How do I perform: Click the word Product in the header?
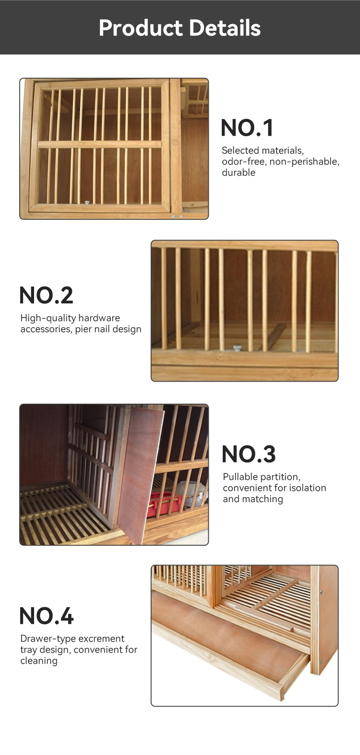(x=141, y=28)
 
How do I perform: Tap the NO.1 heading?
(x=247, y=128)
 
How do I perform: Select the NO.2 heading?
(x=46, y=295)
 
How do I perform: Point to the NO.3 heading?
(x=249, y=454)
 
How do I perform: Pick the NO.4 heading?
(x=47, y=616)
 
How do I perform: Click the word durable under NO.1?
(x=239, y=173)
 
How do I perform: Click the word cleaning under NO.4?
(x=39, y=661)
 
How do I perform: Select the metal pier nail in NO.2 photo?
(x=237, y=348)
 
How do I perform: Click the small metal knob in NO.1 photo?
(x=87, y=203)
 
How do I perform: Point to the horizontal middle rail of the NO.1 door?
(x=99, y=144)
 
